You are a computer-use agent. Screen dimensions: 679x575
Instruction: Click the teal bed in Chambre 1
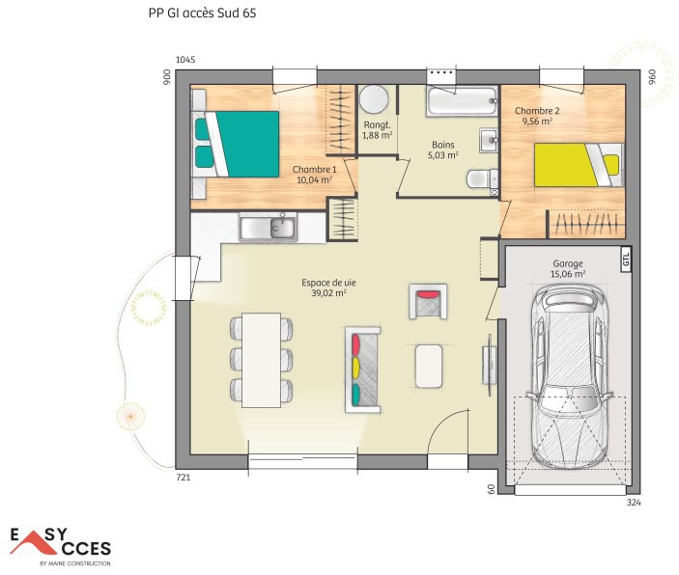pyautogui.click(x=236, y=144)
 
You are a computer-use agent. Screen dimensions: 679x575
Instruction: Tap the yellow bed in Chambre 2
pyautogui.click(x=579, y=165)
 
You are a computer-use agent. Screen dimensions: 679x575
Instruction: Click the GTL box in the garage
pyautogui.click(x=626, y=260)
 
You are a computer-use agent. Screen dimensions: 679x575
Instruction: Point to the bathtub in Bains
pyautogui.click(x=462, y=101)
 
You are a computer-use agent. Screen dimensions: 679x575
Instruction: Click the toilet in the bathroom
pyautogui.click(x=482, y=178)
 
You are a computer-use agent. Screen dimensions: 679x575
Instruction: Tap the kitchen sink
pyautogui.click(x=269, y=227)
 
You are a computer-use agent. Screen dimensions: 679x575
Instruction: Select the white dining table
pyautogui.click(x=261, y=360)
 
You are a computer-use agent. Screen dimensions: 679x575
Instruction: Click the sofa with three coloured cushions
pyautogui.click(x=363, y=370)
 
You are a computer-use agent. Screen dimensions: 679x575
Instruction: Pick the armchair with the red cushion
pyautogui.click(x=428, y=302)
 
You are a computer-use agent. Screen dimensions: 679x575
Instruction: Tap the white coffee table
pyautogui.click(x=429, y=366)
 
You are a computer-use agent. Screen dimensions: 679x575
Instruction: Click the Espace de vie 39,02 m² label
pyautogui.click(x=328, y=287)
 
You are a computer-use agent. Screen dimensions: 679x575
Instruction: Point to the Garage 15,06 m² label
pyautogui.click(x=568, y=268)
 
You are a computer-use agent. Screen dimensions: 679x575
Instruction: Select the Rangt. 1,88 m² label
pyautogui.click(x=378, y=130)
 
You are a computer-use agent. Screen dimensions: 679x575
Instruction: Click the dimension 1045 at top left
pyautogui.click(x=185, y=60)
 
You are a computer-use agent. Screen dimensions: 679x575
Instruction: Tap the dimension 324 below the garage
pyautogui.click(x=634, y=503)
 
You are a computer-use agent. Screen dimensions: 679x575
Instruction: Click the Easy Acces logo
pyautogui.click(x=61, y=546)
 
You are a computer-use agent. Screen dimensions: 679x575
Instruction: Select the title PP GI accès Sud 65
pyautogui.click(x=202, y=13)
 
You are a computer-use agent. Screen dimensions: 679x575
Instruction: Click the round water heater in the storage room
pyautogui.click(x=373, y=99)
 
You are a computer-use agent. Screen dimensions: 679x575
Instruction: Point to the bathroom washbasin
pyautogui.click(x=490, y=140)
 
